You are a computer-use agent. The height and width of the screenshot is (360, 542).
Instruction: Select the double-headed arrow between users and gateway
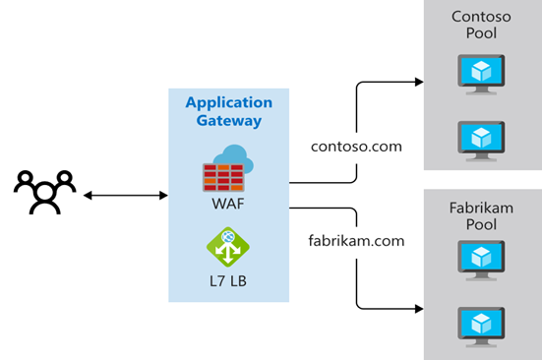[126, 196]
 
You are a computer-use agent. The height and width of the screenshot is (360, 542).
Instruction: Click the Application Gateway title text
[228, 111]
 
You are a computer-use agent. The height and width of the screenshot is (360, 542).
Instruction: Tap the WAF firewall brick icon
[224, 177]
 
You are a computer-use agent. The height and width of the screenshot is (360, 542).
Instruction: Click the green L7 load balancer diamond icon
[228, 247]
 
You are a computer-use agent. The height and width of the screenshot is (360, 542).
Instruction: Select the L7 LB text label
[228, 282]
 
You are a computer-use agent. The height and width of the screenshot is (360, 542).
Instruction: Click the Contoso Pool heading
[481, 26]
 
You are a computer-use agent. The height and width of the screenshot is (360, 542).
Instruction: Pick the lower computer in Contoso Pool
[481, 139]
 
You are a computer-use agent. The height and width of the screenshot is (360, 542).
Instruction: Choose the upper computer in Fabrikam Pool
[481, 261]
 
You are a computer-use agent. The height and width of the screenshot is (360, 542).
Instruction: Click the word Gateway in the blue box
[228, 121]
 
